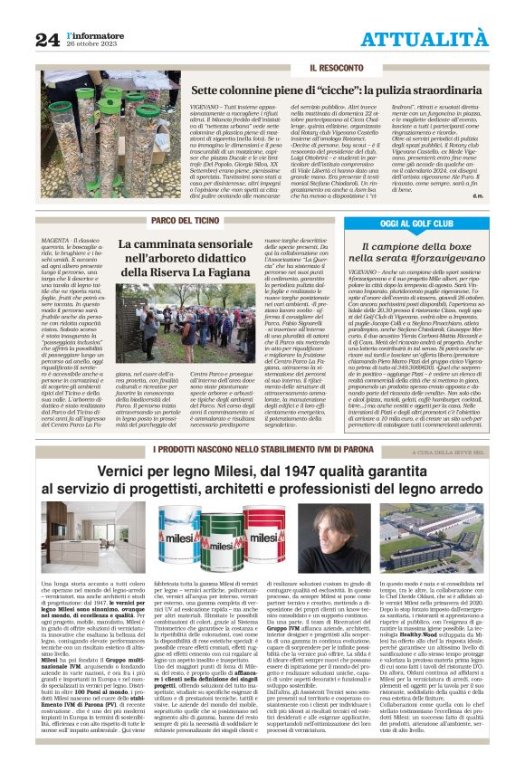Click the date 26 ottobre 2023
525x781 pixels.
pos(89,43)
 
